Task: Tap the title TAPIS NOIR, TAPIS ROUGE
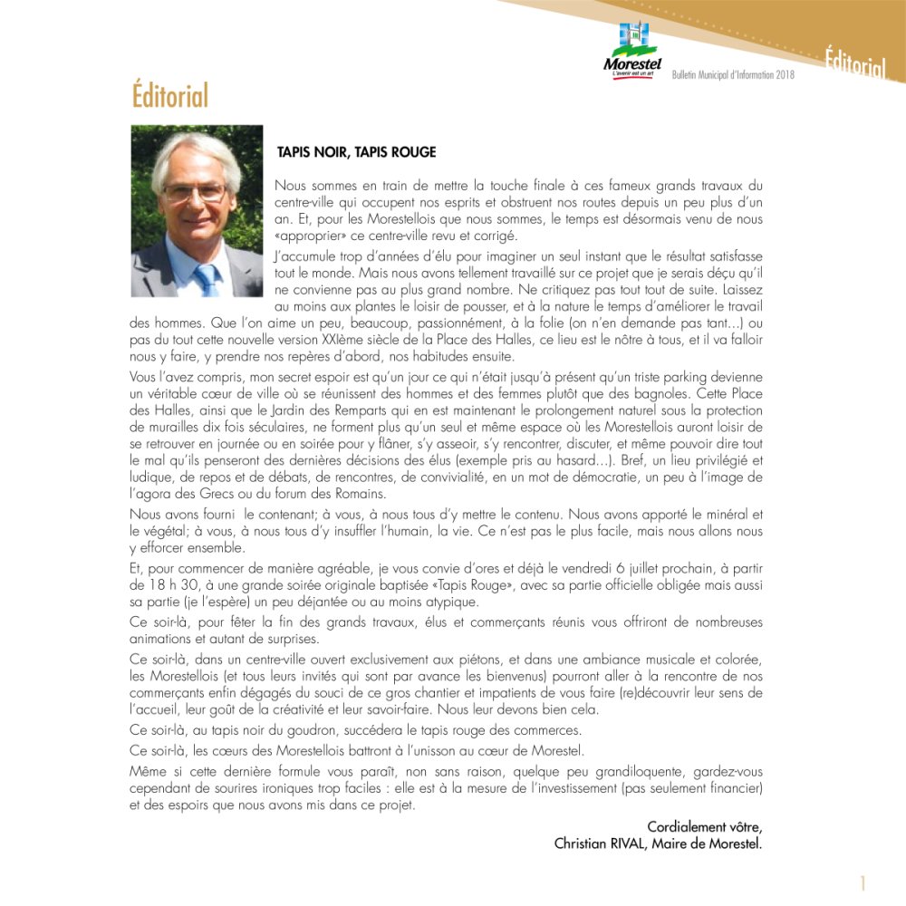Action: pos(356,152)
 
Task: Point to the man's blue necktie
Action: pos(207,277)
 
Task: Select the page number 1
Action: pos(863,883)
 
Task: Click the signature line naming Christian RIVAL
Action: pos(658,843)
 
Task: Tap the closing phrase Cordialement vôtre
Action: pos(704,826)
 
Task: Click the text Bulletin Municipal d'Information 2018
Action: pos(733,74)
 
